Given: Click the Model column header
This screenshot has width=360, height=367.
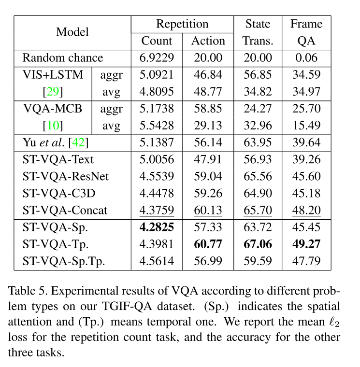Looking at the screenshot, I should [72, 32].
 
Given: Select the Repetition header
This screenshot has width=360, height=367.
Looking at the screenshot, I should [182, 24].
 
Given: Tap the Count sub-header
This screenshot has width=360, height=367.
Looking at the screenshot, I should [157, 41].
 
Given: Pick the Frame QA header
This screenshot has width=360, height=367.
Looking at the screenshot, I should [306, 32].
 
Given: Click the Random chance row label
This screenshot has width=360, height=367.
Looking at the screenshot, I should [63, 58].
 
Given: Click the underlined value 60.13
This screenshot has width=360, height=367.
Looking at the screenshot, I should [208, 211].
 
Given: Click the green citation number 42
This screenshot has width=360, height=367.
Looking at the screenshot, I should [79, 142].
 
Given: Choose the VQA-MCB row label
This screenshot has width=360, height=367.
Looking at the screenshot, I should [53, 109].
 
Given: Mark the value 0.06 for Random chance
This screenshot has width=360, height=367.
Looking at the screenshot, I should [306, 58].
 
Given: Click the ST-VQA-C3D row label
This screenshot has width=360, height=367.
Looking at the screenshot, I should [59, 194].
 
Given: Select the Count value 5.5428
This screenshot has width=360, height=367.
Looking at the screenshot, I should [157, 126].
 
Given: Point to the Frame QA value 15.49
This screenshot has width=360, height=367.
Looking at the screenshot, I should [306, 126].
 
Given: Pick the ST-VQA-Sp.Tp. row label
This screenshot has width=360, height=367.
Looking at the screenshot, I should [64, 262].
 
